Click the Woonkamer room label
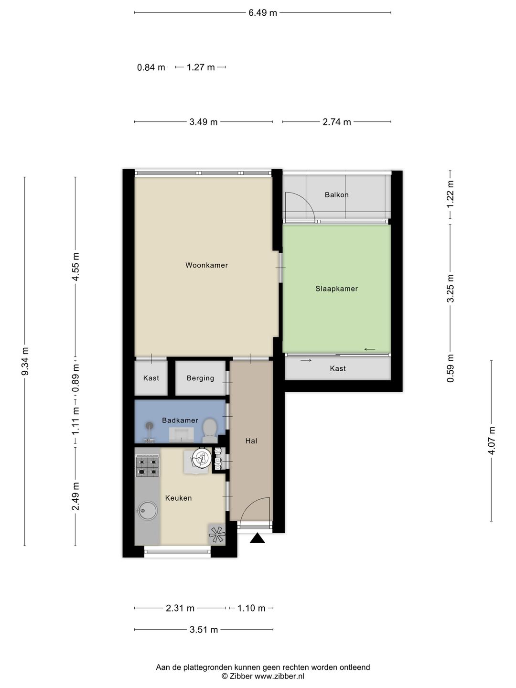pos(206,265)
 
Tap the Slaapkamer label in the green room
pos(336,289)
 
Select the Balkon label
pos(336,194)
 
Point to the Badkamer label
pos(180,420)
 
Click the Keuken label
pos(178,498)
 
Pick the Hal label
pos(251,441)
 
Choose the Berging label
pos(200,378)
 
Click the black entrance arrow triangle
pos(257,538)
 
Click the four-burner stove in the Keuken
pos(147,467)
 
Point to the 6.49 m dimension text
pos(263,13)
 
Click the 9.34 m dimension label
pos(25,361)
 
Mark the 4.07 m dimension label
pos(491,441)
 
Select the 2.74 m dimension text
pos(337,122)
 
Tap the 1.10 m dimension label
pos(251,608)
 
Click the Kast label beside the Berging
pos(151,378)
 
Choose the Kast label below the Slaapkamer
pos(338,368)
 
